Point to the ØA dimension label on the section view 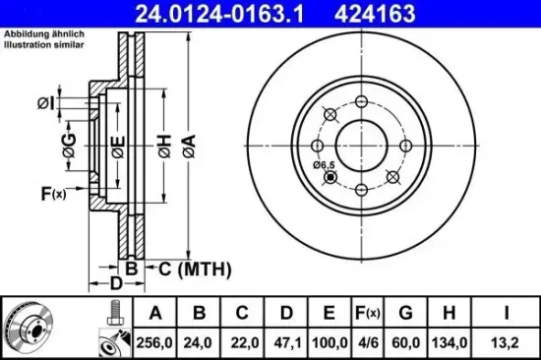coord(188,148)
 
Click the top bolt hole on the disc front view coord(361,102)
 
